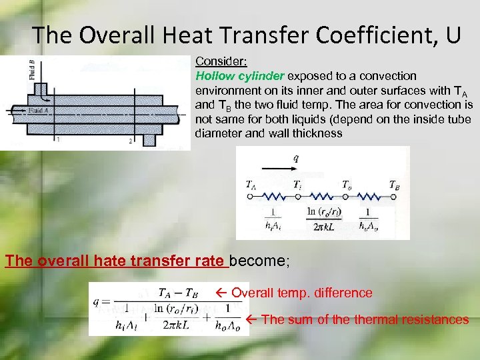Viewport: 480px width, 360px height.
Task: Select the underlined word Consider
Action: pyautogui.click(x=221, y=61)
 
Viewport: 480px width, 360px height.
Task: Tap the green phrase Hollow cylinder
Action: pyautogui.click(x=234, y=76)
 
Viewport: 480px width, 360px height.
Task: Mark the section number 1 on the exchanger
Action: pyautogui.click(x=59, y=140)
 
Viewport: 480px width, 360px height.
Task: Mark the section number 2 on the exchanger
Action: pyautogui.click(x=131, y=141)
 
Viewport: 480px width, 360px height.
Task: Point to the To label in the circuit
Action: pyautogui.click(x=347, y=185)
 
